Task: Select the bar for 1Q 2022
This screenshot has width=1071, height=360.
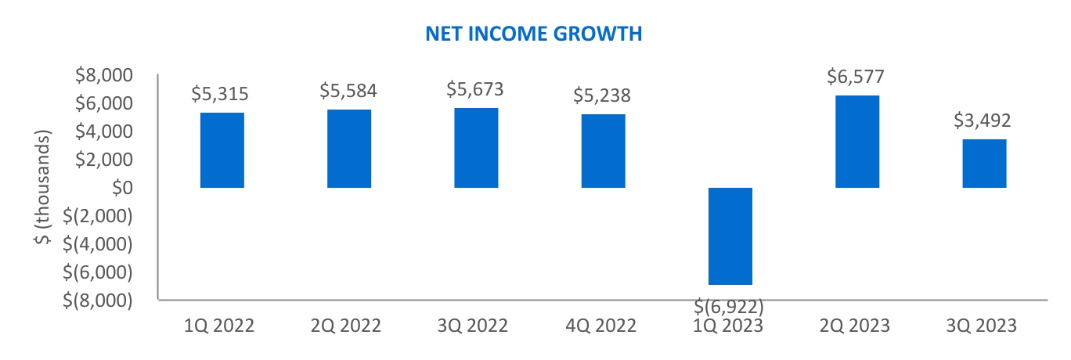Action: [222, 150]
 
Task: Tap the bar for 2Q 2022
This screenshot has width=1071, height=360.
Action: [349, 149]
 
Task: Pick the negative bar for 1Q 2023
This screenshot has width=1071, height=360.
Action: [730, 236]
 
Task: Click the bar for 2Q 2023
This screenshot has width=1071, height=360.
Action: [857, 142]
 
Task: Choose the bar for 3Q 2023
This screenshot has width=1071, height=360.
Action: [984, 164]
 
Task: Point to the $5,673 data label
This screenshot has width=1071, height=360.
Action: [475, 89]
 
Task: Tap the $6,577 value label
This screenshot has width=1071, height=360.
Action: [856, 77]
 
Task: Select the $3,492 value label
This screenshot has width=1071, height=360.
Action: [983, 121]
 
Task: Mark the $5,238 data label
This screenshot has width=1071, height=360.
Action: [602, 95]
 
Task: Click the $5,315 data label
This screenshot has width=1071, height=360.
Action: [221, 94]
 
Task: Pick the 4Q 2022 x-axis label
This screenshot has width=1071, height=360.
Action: [604, 326]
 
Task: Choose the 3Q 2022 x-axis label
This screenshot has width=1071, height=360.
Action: [476, 326]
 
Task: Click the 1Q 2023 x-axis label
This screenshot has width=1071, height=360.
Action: [730, 326]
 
